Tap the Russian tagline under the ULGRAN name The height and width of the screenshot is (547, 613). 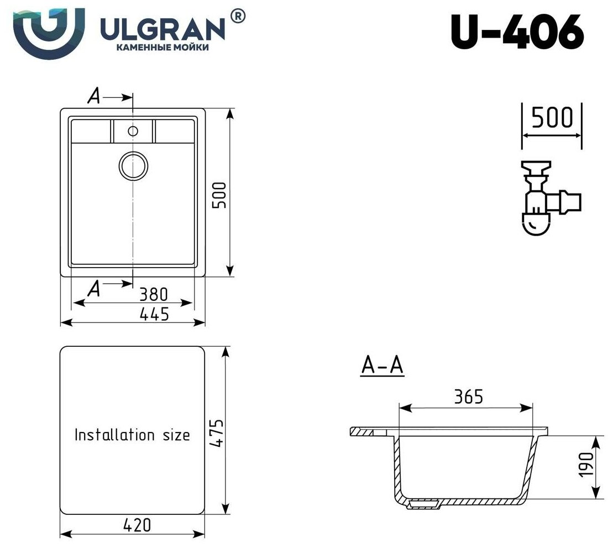162,48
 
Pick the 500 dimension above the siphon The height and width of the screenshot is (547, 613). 551,117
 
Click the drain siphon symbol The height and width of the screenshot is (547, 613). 544,199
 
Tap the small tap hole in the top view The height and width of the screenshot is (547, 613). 133,131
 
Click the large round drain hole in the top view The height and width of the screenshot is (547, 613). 133,165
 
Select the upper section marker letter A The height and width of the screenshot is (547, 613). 95,97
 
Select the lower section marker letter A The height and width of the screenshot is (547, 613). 95,288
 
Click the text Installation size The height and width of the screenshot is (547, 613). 132,435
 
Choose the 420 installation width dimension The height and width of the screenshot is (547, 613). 137,524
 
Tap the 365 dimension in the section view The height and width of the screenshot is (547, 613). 469,396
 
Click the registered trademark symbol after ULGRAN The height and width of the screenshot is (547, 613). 237,17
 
